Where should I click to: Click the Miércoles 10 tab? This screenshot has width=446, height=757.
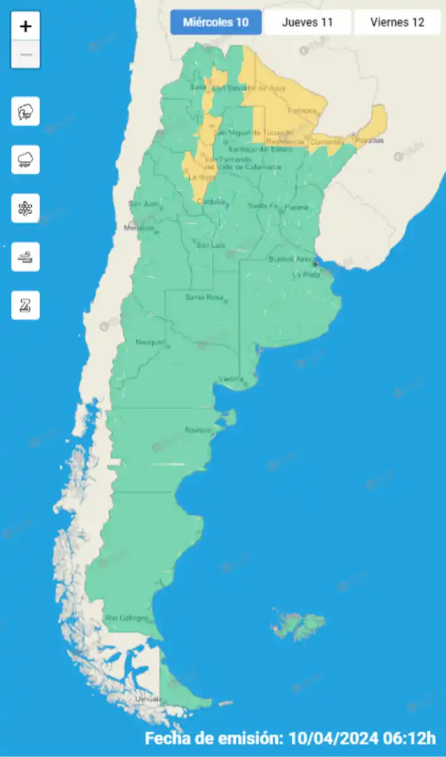[x=216, y=23]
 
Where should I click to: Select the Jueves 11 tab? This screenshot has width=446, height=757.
[x=307, y=23]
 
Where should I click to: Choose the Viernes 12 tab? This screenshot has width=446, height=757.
[x=397, y=23]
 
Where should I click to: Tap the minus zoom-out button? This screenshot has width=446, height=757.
[x=25, y=55]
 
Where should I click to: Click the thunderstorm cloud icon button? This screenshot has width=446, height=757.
[x=25, y=112]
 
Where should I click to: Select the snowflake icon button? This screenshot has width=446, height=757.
[x=25, y=208]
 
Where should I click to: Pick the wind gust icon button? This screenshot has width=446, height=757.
[x=25, y=257]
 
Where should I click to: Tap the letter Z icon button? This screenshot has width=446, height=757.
[x=25, y=305]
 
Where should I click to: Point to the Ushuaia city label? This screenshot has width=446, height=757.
[x=148, y=699]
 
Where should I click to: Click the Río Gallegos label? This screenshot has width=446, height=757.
[x=127, y=618]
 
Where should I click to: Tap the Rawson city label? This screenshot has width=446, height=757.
[x=197, y=430]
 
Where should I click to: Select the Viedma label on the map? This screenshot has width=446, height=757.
[x=230, y=378]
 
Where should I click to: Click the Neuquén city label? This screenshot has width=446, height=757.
[x=150, y=342]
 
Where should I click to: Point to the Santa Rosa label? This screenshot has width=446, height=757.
[x=204, y=297]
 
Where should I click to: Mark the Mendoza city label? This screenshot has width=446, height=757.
[x=139, y=228]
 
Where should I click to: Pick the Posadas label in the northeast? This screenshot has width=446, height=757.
[x=369, y=141]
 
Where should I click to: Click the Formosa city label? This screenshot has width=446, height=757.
[x=302, y=111]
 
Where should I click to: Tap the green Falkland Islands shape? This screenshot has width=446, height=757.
[x=299, y=623]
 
